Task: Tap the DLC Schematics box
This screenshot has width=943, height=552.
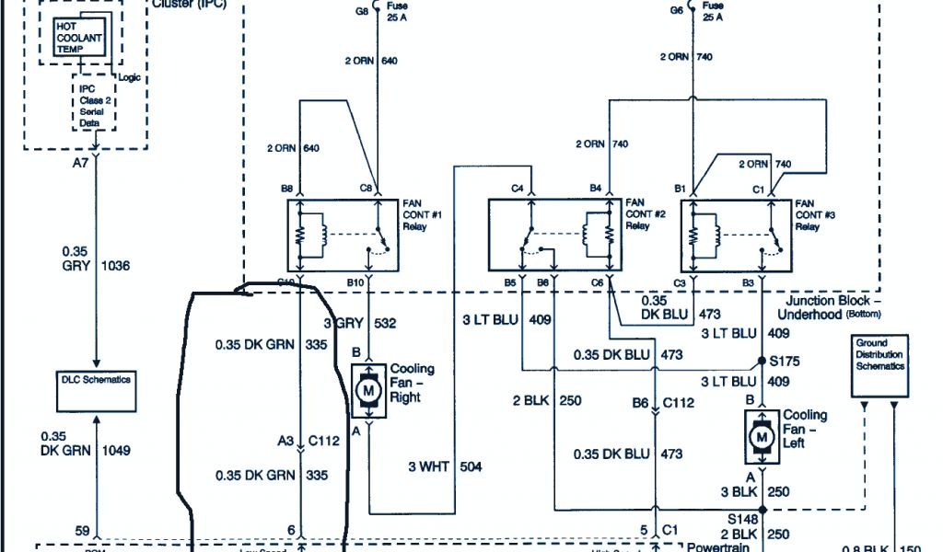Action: pyautogui.click(x=95, y=380)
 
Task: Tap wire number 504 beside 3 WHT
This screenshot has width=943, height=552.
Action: pyautogui.click(x=470, y=467)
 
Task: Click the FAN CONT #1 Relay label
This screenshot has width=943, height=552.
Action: pyautogui.click(x=423, y=214)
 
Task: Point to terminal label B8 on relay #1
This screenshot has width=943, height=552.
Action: pyautogui.click(x=287, y=190)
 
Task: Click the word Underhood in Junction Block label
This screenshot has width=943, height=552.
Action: pyautogui.click(x=807, y=315)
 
